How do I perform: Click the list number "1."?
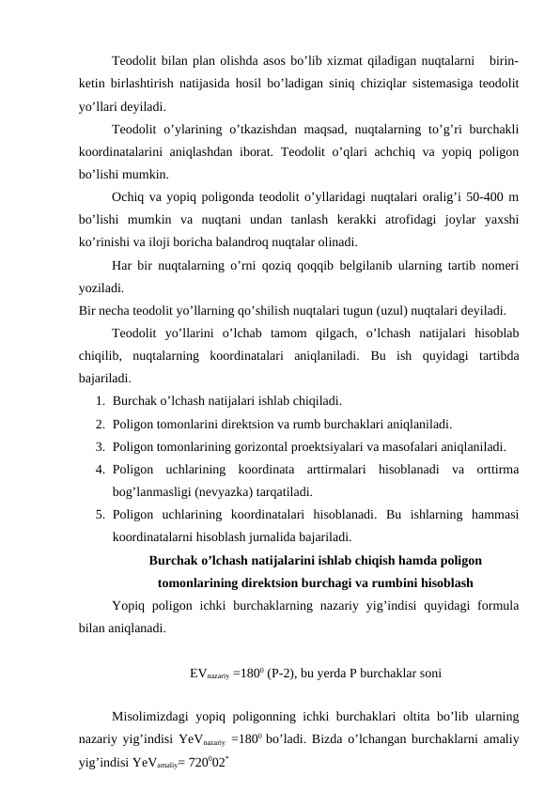click(x=100, y=399)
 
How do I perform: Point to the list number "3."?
click(x=100, y=445)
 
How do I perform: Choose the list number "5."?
click(x=100, y=513)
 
